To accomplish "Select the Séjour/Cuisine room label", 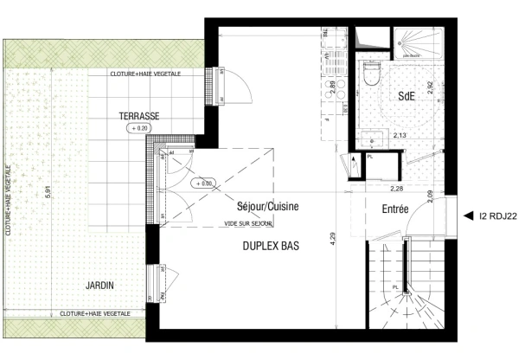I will point(268,209).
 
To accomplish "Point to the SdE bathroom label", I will point(407,98).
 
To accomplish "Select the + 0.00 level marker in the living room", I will point(205,183).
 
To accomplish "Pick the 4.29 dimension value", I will point(334,239).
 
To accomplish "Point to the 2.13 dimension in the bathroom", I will point(400,136).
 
